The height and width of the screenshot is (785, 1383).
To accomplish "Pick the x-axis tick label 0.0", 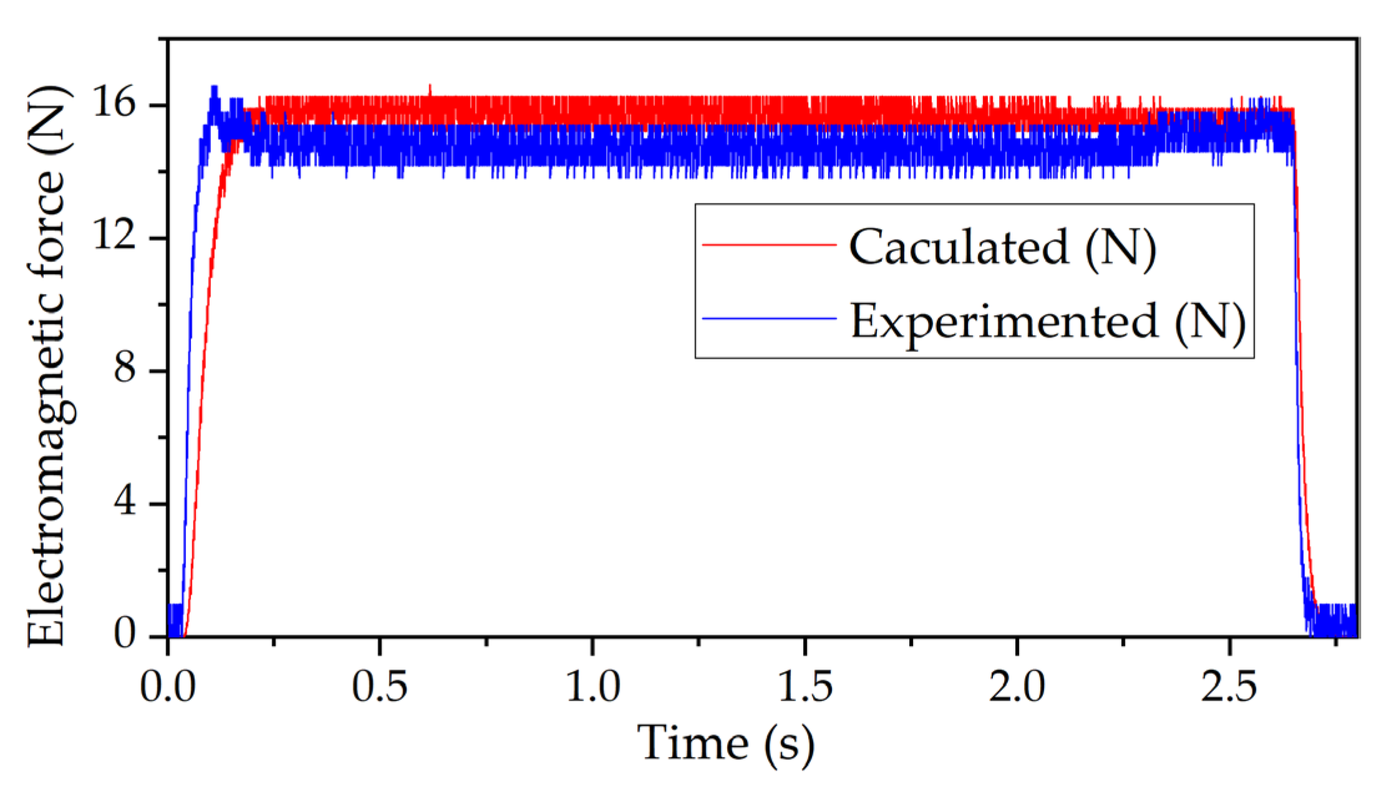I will point(167,687).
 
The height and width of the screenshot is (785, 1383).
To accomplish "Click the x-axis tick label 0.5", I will point(379,687).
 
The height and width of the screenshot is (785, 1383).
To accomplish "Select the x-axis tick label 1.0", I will point(592,687).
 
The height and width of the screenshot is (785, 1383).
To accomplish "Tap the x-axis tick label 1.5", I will point(805,687).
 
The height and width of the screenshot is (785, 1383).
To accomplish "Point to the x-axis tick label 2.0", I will point(1017,687).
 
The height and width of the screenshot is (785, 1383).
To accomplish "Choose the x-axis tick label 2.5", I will point(1229,687).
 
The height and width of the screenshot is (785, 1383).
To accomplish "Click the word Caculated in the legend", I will point(959,247).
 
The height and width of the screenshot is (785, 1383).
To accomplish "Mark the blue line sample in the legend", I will point(769,319).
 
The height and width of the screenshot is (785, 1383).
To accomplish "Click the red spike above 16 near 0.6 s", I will point(429,89).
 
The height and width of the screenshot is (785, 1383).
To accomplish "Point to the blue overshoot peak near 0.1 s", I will point(214,89).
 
